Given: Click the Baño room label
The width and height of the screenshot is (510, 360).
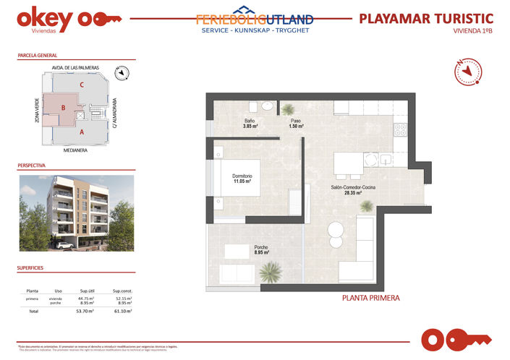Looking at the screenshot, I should [x=249, y=121].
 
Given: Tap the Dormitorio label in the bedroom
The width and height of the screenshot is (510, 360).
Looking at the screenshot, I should [x=242, y=176].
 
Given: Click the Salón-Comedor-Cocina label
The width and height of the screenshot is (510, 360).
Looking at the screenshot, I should [x=353, y=188].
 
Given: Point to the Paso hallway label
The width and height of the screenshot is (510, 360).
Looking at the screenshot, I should [x=296, y=121].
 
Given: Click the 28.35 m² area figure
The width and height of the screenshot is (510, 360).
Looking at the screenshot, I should [x=353, y=193].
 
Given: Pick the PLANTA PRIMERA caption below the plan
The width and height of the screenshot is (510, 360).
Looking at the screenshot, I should [x=370, y=297].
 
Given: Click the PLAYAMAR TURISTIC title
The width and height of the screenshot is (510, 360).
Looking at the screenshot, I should [x=426, y=18].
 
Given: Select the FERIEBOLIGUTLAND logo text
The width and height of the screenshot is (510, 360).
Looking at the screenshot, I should [x=255, y=20].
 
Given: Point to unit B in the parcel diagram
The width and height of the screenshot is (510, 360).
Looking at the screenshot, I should [x=64, y=108].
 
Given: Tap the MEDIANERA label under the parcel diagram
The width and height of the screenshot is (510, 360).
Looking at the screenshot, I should [x=75, y=150].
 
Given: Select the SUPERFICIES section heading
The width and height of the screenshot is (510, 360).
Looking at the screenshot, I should [x=30, y=267].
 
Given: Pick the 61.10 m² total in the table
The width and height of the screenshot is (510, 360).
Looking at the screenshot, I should [x=122, y=311].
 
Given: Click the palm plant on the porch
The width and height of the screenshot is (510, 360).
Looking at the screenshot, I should [x=271, y=272].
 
